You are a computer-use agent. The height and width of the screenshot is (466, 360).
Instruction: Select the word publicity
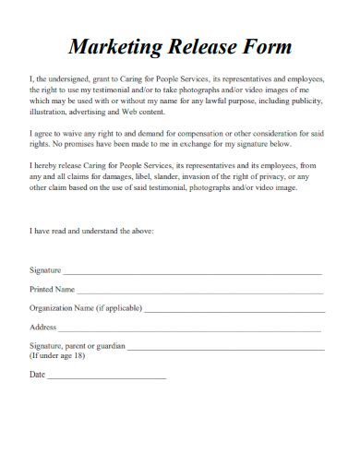(x=309, y=102)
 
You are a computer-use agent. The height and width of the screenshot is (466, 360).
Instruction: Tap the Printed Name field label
(x=52, y=290)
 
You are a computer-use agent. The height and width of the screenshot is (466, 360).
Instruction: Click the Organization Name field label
(x=84, y=308)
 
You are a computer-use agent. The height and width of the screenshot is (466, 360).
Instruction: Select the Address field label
(x=44, y=327)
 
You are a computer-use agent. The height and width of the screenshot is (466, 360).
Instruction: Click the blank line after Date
(x=106, y=377)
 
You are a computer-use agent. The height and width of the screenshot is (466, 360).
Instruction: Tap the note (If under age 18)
(x=57, y=355)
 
